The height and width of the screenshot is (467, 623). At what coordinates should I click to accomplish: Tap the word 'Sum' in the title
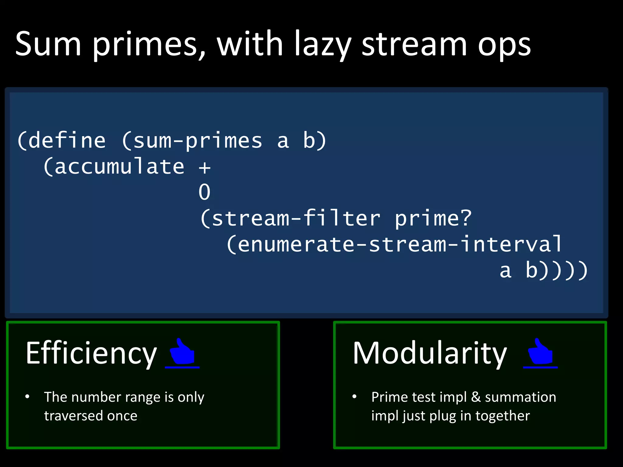pos(48,44)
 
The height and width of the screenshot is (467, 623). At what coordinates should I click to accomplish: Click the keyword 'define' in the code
pos(67,140)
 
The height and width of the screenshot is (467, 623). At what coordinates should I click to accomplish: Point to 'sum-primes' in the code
pos(197,141)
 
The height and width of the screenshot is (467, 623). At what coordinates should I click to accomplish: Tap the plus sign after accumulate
pos(204,168)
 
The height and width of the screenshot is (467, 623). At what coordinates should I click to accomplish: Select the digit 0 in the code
pos(204,192)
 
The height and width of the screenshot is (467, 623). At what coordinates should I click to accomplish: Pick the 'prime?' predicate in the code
pos(433,218)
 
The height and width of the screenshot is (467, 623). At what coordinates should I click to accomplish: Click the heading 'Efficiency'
pos(91,353)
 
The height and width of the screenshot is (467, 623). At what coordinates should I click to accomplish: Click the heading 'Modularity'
pos(430,353)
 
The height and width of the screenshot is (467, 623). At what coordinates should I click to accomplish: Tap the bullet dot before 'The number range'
pos(27,396)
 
